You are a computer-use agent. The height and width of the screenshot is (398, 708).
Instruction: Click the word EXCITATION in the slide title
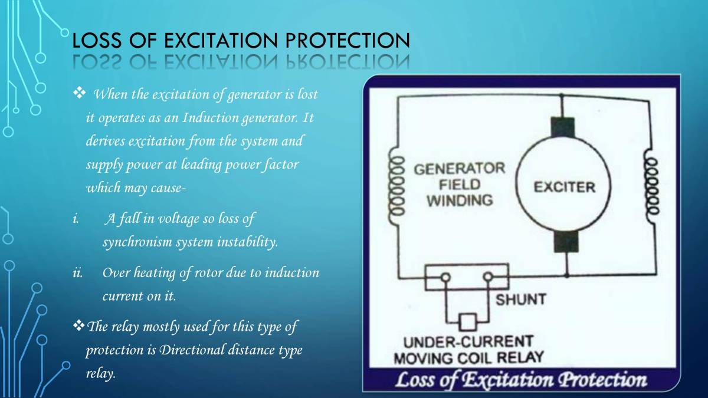pos(219,41)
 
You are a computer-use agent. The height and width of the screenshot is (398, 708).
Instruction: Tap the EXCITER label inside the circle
pos(564,188)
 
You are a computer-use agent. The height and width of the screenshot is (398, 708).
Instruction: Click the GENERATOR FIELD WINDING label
pos(460,184)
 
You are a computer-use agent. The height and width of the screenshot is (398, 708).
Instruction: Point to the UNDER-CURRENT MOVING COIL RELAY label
pos(467,349)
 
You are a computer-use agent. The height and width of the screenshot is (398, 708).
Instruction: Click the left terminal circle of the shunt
pos(446,277)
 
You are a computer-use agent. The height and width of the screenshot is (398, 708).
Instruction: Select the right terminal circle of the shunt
pos(488,277)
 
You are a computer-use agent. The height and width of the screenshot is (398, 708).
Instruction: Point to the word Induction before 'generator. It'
pos(211,117)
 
